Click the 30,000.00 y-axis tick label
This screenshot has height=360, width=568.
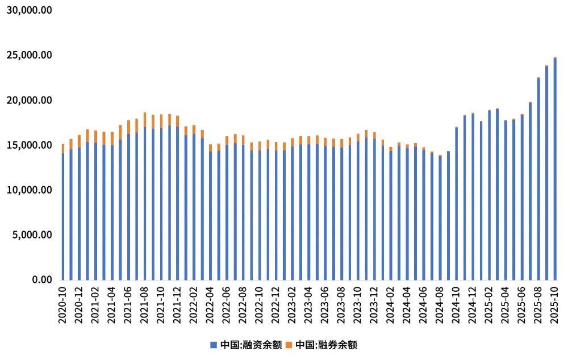30,11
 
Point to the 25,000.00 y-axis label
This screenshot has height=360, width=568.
30,56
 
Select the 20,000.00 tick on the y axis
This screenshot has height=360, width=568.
30,101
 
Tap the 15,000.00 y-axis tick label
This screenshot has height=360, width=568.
30,145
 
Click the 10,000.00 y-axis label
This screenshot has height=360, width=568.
30,190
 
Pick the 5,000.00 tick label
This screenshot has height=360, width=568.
32,235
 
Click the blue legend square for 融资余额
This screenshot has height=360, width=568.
214,345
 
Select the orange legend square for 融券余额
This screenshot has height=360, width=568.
288,345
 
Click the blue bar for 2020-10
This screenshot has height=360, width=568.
62,216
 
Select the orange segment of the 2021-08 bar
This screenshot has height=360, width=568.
145,120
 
